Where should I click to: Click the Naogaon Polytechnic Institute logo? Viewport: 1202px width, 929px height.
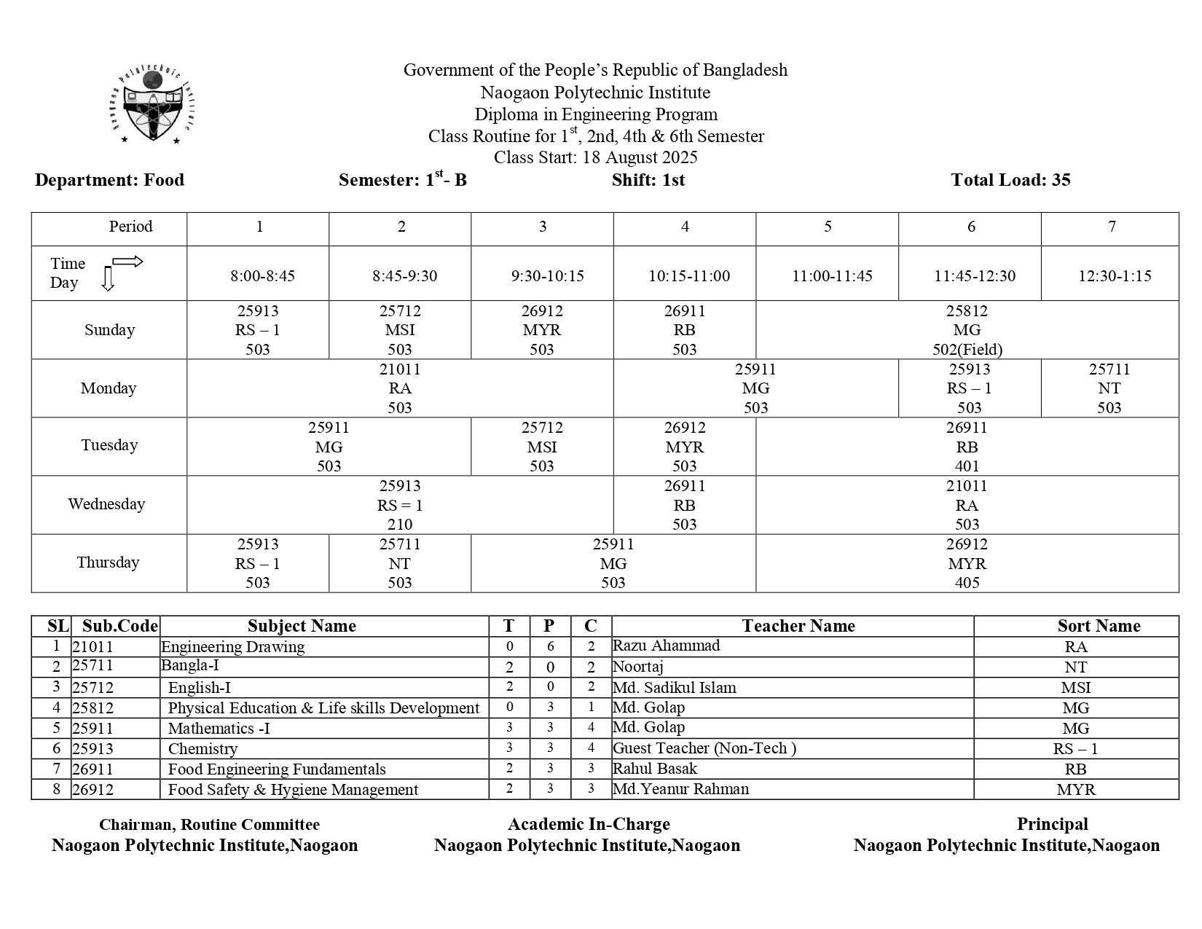click(154, 106)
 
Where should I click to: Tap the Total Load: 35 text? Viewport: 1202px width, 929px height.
click(1010, 180)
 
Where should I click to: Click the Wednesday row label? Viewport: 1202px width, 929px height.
click(106, 504)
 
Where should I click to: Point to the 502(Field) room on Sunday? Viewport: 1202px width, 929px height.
click(967, 350)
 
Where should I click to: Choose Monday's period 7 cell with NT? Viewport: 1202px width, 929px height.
click(1109, 388)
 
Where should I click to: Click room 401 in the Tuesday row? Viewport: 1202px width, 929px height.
click(967, 466)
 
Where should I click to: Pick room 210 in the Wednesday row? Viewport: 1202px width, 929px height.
click(399, 525)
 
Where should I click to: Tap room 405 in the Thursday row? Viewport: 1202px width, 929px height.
click(967, 583)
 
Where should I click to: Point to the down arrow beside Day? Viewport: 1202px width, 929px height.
click(108, 280)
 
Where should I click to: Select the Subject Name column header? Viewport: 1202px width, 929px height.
click(302, 626)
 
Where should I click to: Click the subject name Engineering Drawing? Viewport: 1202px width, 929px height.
click(232, 646)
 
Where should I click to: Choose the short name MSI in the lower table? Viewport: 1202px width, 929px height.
click(1075, 688)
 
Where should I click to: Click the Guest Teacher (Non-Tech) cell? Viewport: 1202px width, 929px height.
click(704, 748)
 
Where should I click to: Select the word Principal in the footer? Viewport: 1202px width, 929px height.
click(1052, 824)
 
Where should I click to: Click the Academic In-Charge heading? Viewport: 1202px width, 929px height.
click(588, 824)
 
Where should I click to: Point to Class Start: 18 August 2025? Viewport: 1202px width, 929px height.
click(595, 157)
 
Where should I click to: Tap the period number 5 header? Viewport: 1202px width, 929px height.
click(828, 227)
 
